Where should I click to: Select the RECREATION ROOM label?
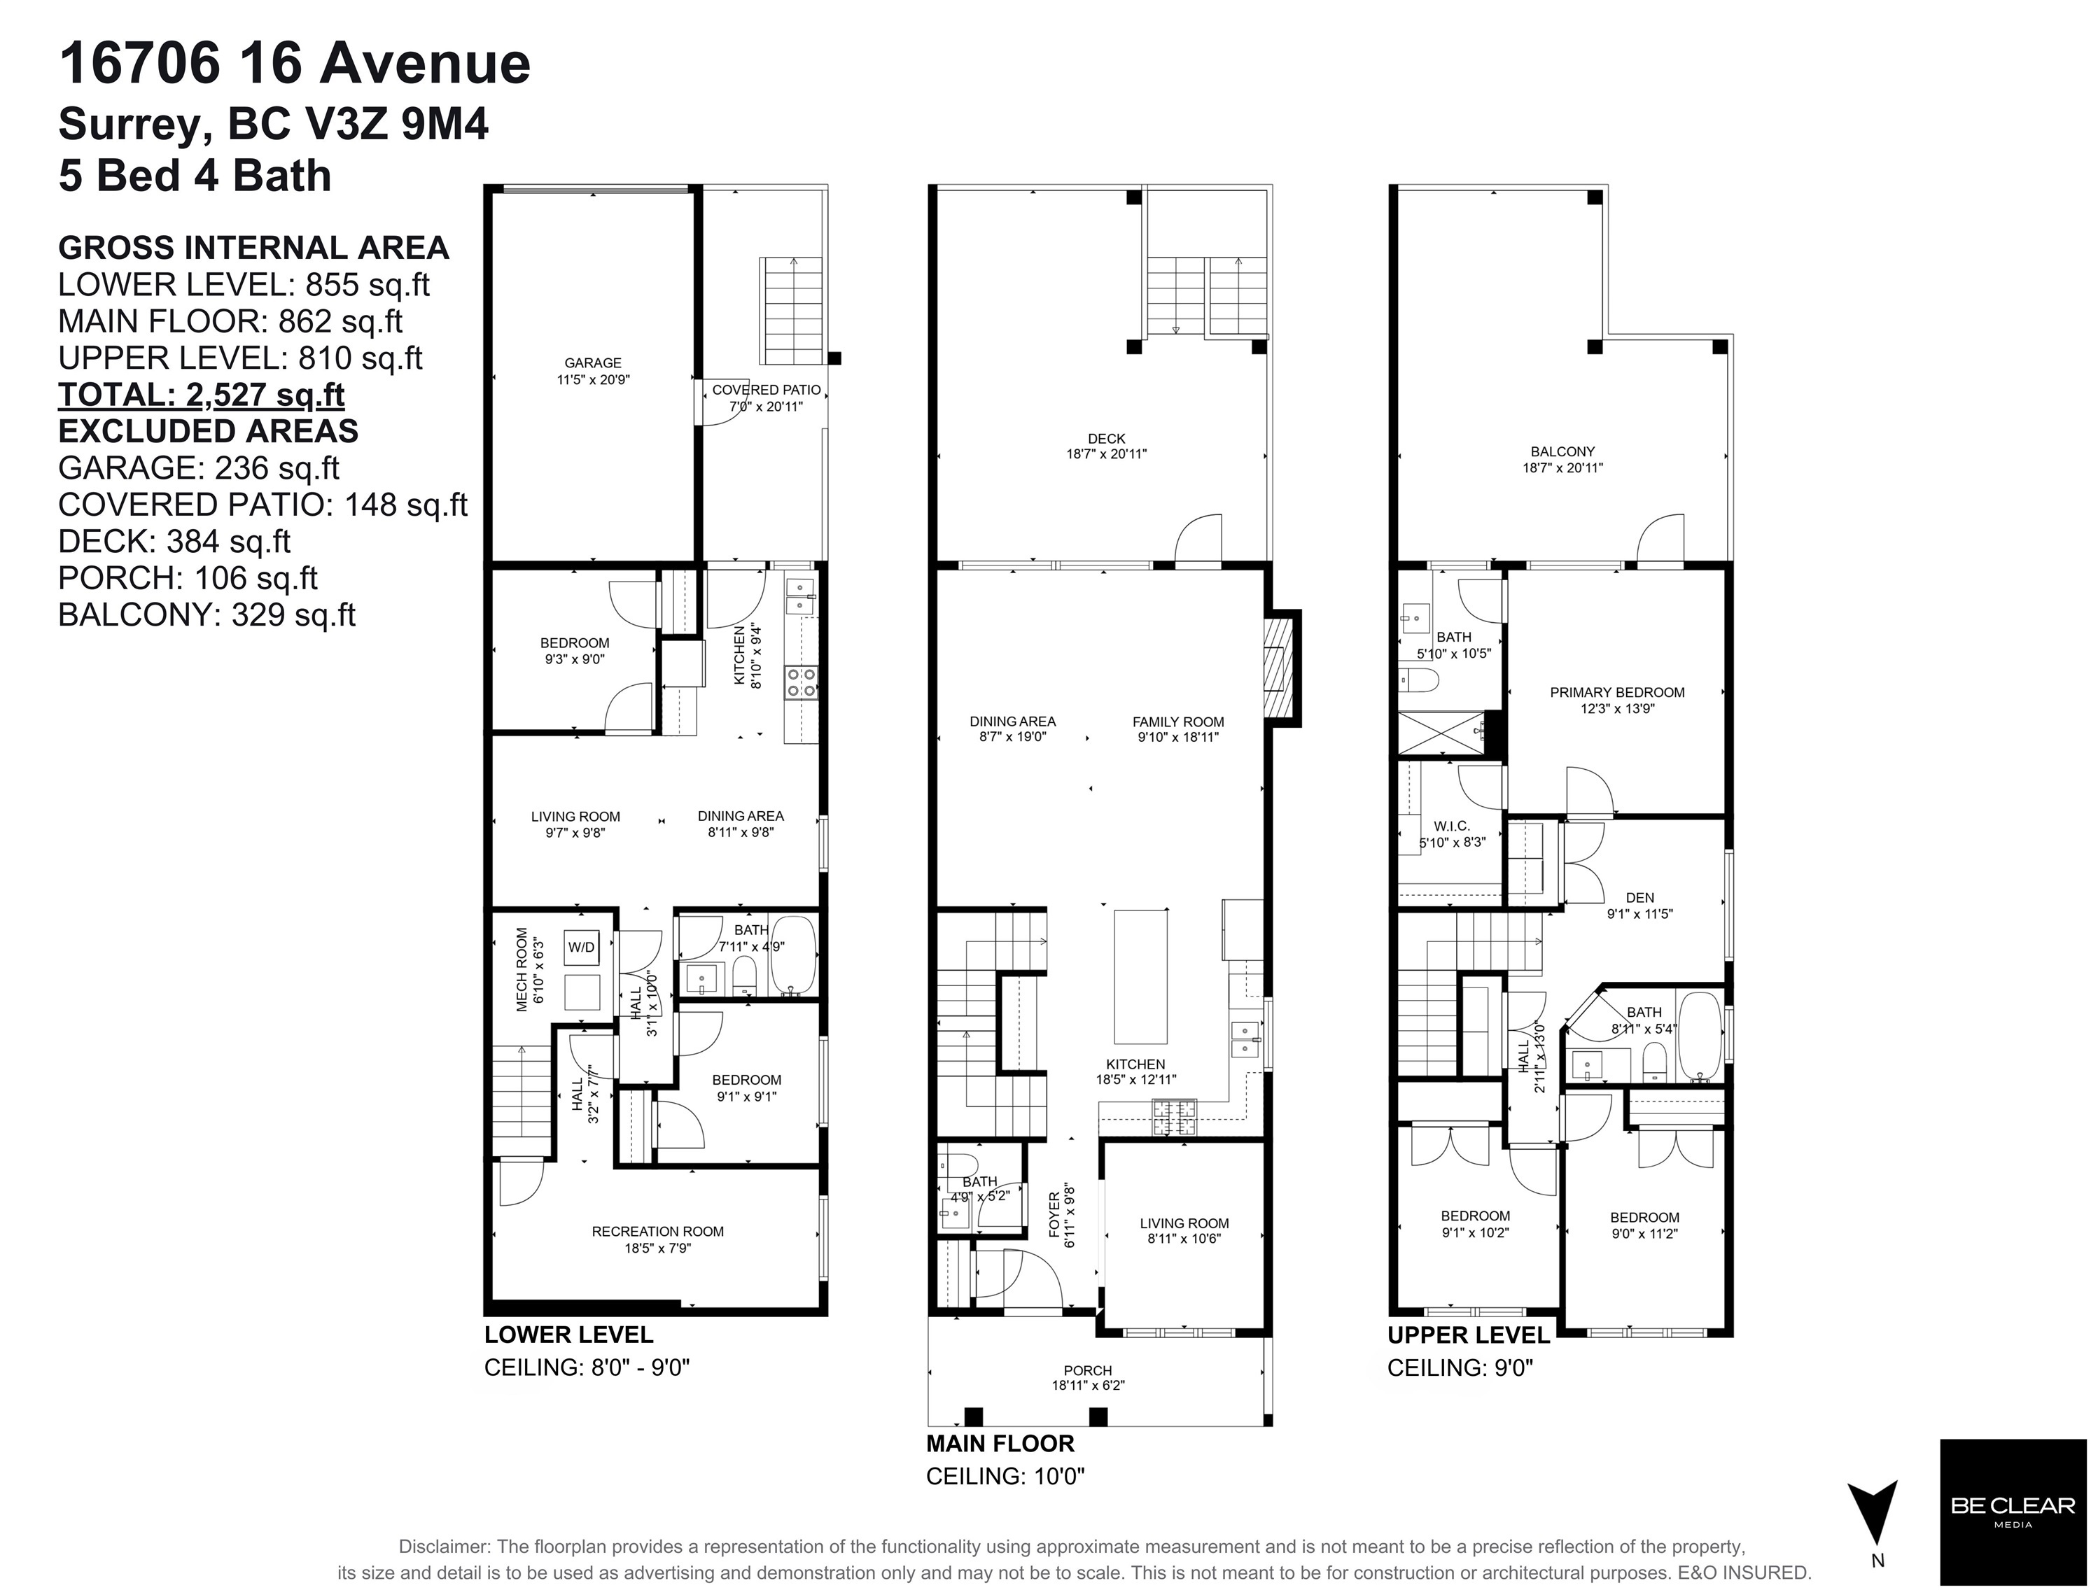(x=658, y=1231)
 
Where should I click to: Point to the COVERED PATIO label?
(x=767, y=390)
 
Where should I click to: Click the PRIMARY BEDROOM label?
(x=1617, y=693)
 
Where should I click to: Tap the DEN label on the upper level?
(x=1640, y=898)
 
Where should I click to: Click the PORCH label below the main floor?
(x=1088, y=1370)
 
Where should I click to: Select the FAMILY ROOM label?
(x=1178, y=722)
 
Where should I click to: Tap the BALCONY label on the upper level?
(x=1562, y=452)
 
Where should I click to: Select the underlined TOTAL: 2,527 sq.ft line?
(x=202, y=395)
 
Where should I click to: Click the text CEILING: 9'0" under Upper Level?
(x=1460, y=1367)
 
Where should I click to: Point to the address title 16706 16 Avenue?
(x=295, y=64)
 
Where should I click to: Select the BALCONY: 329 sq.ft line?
(x=207, y=615)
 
